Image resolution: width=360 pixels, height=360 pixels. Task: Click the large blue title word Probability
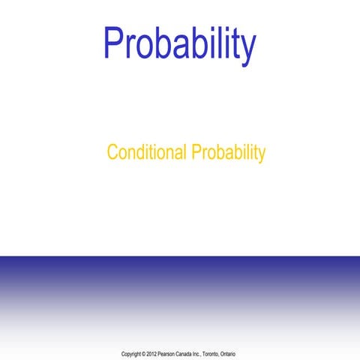[180, 45]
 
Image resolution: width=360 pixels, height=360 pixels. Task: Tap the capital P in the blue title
[113, 43]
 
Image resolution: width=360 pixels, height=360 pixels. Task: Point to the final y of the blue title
[247, 49]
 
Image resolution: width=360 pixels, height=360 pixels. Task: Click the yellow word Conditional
[147, 153]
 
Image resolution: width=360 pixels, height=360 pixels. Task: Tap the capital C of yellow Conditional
[112, 153]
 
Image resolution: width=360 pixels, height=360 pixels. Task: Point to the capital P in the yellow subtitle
[196, 153]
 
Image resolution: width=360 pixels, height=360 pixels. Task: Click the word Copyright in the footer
[131, 353]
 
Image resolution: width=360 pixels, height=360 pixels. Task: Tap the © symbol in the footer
[144, 353]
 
